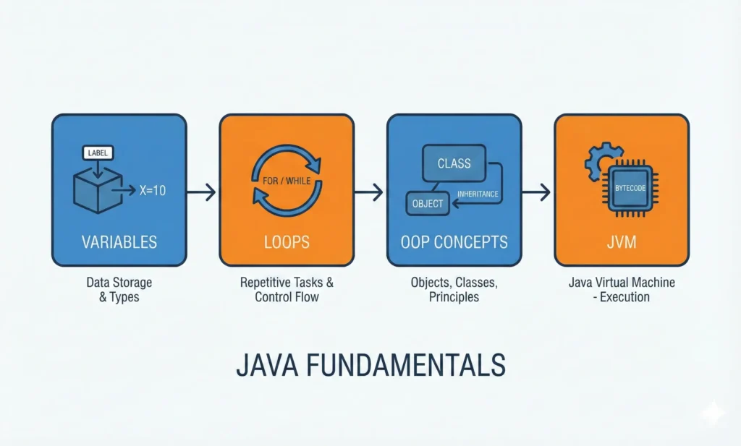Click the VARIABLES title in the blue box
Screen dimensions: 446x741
[119, 241]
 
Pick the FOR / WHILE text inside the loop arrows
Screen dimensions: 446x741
[287, 180]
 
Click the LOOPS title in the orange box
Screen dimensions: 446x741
[287, 241]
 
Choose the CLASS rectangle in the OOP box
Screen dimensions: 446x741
[454, 164]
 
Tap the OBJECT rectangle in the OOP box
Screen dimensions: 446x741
[428, 203]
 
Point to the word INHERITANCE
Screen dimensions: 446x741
[478, 194]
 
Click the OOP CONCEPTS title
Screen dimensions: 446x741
[454, 241]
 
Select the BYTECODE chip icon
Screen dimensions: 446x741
[630, 188]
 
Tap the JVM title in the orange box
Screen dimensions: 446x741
[622, 241]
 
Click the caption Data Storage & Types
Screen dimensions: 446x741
[119, 289]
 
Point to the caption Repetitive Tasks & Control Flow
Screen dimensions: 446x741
[287, 289]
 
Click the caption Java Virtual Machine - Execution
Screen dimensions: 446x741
[622, 289]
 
